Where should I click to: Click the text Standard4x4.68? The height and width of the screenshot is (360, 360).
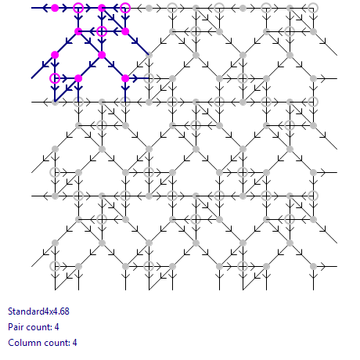click(38, 311)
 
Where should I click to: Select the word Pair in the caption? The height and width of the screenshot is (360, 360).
click(16, 327)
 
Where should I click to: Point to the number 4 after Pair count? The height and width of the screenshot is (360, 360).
click(57, 327)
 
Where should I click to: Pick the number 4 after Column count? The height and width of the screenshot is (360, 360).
click(74, 343)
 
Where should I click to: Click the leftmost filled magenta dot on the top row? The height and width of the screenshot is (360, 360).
click(55, 8)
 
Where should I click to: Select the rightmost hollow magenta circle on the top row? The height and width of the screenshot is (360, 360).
click(125, 8)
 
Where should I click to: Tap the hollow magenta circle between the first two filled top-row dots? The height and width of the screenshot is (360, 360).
click(78, 8)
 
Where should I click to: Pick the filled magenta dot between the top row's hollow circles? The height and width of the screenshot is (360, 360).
click(102, 8)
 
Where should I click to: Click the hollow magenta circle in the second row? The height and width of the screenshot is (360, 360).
click(102, 31)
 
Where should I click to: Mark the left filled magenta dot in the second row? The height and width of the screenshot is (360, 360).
click(78, 31)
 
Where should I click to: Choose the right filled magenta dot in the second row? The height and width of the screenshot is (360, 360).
click(125, 31)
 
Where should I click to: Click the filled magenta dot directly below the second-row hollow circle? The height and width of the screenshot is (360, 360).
click(102, 55)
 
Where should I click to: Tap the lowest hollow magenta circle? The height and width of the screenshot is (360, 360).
click(55, 78)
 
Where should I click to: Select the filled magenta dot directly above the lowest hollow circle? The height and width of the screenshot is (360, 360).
click(55, 55)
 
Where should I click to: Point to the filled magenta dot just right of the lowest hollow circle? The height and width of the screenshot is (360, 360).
click(78, 78)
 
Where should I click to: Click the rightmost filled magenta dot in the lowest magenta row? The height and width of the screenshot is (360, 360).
click(125, 78)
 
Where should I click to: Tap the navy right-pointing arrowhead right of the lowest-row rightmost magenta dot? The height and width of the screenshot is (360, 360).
click(135, 78)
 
